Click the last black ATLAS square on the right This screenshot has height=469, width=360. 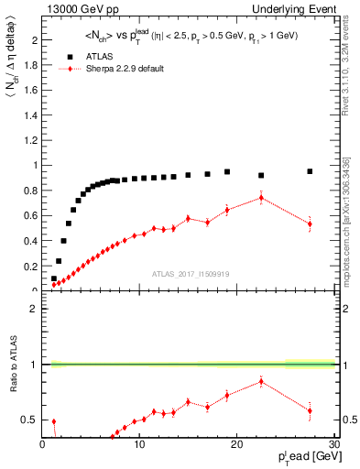pos(310,171)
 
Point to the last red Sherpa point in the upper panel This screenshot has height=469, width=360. pos(310,224)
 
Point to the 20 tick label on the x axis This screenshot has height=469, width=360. pos(236,445)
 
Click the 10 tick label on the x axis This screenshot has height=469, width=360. pos(139,445)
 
